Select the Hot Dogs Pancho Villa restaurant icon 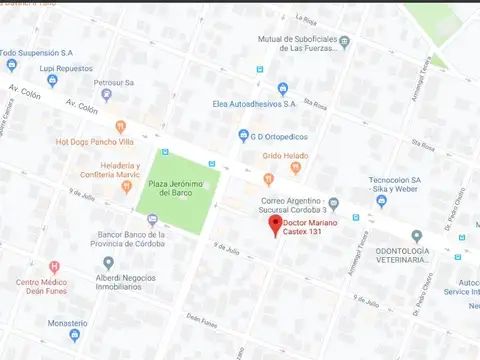pyautogui.click(x=120, y=127)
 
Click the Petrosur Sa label pyautogui.click(x=113, y=83)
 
